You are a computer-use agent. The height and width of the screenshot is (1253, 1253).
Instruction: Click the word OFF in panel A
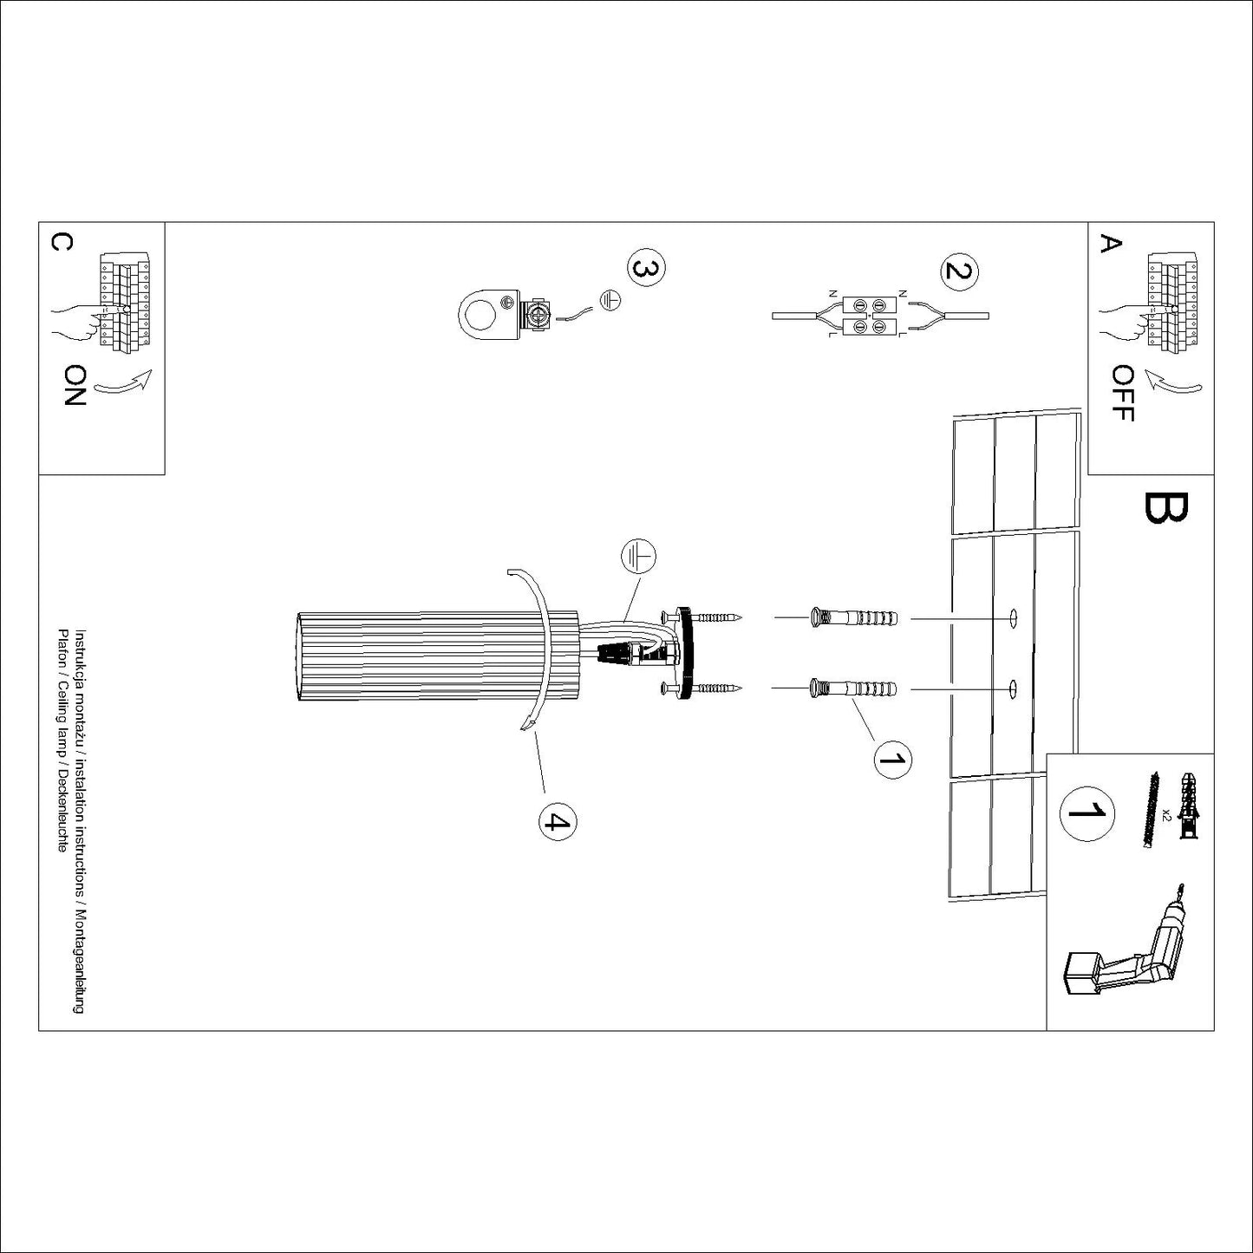(1123, 393)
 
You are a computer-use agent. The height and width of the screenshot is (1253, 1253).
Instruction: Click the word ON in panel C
(75, 385)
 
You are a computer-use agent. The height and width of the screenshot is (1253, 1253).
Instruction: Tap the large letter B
(1165, 508)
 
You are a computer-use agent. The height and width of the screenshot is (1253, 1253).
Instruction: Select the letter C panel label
(62, 242)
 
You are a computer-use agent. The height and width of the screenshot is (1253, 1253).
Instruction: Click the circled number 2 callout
(959, 269)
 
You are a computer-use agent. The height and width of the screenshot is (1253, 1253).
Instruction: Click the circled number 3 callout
(646, 269)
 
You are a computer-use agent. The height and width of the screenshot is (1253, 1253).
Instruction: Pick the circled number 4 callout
(558, 823)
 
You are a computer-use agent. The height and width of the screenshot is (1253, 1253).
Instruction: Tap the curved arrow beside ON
(123, 383)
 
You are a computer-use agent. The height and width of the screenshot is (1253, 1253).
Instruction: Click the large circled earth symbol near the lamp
(638, 557)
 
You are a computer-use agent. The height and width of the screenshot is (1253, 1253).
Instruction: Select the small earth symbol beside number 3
(610, 300)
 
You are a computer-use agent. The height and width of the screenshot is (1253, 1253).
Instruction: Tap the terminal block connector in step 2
(869, 316)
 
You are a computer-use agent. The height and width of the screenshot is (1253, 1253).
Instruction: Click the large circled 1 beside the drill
(1087, 813)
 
